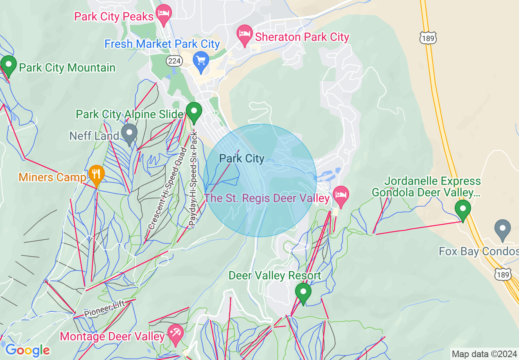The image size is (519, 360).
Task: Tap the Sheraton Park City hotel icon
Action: click(245, 34)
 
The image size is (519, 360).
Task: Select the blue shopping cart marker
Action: click(201, 61)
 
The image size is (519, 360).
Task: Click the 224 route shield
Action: click(174, 61)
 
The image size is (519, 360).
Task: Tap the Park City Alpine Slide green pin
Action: click(194, 111)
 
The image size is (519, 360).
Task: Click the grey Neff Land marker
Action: click(130, 133)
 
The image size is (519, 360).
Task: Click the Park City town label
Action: click(242, 158)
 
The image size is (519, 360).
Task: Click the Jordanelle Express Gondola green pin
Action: click(463, 209)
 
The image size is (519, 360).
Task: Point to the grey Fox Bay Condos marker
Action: click(503, 229)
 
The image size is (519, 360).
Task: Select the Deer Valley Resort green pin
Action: click(303, 292)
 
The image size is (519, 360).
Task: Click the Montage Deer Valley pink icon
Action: click(176, 333)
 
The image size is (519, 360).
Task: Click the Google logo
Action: click(27, 350)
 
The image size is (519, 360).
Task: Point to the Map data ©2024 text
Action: click(483, 354)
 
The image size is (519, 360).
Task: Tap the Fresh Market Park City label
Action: click(162, 44)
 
